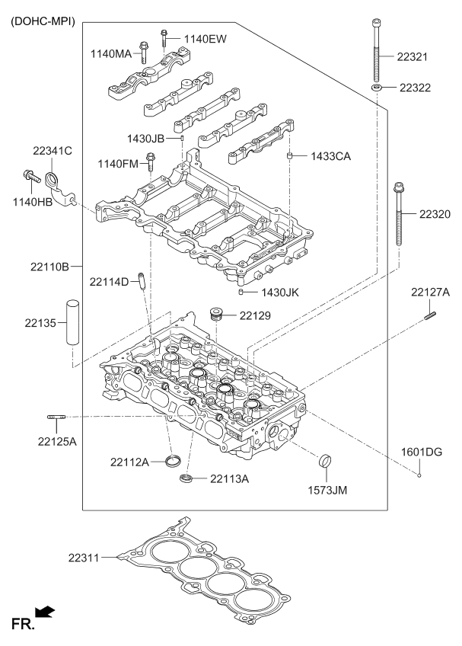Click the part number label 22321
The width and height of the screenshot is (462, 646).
(x=414, y=56)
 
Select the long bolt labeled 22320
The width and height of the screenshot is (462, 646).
(x=398, y=217)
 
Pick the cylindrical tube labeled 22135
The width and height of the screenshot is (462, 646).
(x=72, y=323)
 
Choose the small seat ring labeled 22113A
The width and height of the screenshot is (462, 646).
(x=185, y=478)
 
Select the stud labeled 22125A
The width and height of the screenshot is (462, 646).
(x=58, y=417)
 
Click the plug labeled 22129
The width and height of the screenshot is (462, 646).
(x=216, y=314)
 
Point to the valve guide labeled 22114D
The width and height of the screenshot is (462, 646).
(x=142, y=281)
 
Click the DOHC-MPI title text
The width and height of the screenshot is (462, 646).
(x=43, y=21)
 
